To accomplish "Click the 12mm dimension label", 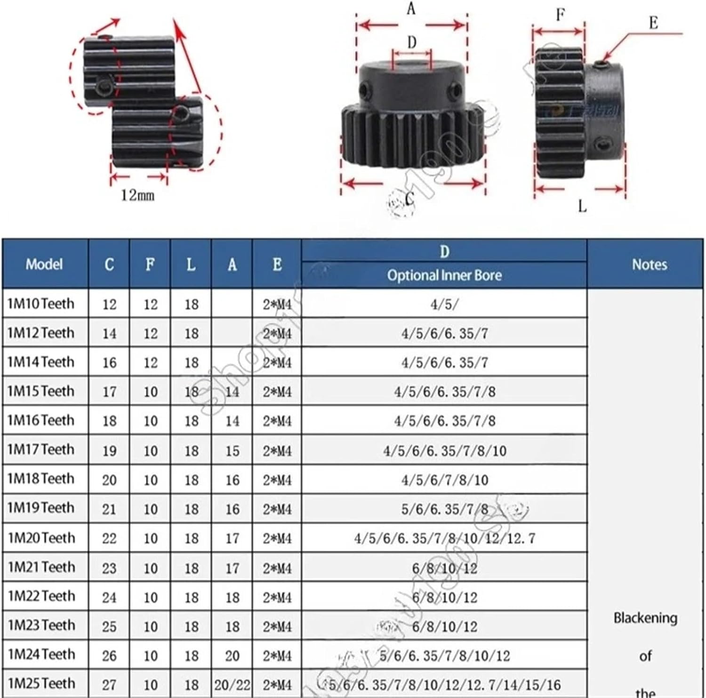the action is (137, 194).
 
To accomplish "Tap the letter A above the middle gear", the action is (411, 8).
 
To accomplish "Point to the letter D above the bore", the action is (412, 42).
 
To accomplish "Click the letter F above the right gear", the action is (560, 15).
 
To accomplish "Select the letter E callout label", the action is (653, 23).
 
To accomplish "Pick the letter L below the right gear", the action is (582, 206).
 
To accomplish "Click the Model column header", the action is (44, 264).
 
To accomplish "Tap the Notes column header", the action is (649, 265).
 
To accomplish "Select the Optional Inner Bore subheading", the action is (444, 275).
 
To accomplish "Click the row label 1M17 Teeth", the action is (41, 450).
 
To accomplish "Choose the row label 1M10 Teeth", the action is (41, 304).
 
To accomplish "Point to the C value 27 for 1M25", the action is (109, 684).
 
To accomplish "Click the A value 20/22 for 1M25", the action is (232, 684).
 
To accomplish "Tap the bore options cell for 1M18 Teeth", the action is (444, 480).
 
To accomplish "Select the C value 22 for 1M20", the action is (109, 538).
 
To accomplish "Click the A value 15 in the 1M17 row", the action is (232, 451).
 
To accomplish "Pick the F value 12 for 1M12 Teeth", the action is (150, 334).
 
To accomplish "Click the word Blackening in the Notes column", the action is (645, 618).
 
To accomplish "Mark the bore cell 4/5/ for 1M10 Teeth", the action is (444, 305).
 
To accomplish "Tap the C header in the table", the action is (109, 265).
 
